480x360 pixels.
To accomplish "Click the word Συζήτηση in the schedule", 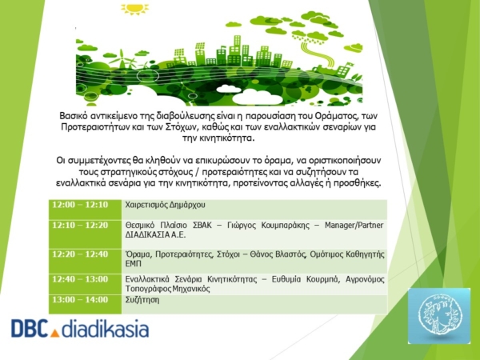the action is [142, 300].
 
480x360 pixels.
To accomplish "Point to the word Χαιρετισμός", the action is [146, 205].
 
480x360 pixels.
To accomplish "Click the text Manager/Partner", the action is [354, 226].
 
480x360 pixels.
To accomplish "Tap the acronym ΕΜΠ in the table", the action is [133, 264].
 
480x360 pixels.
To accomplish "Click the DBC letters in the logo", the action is [30, 328].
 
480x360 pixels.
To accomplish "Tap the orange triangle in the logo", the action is [54, 333].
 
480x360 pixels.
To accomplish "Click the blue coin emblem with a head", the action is [439, 315].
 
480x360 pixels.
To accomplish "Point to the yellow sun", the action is [134, 8].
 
